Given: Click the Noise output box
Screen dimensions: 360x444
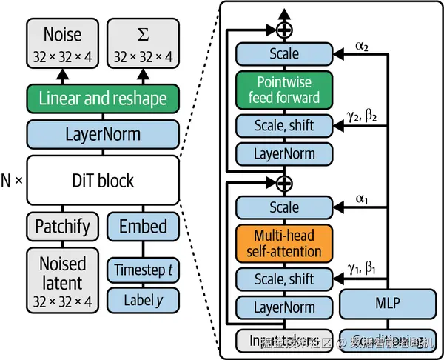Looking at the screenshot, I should [63, 43].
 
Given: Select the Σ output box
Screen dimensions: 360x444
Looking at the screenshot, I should [143, 43].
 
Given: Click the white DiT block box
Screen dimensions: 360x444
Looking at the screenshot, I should [103, 180].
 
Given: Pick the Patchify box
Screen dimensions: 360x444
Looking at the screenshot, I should [63, 225].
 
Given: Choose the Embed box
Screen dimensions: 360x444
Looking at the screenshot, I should [143, 225].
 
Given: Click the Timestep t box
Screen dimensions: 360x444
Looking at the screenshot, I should [143, 270].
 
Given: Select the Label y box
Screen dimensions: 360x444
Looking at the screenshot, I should [143, 299].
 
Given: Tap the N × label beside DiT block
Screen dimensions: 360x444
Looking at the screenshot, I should [12, 181].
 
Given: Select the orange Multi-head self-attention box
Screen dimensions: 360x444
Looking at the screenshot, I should [283, 242].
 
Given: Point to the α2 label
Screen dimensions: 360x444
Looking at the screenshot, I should [361, 45].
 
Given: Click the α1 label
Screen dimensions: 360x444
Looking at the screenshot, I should [361, 199].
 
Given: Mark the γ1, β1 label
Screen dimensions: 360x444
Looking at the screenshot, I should [361, 270].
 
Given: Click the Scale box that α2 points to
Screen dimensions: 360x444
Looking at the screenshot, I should [283, 54].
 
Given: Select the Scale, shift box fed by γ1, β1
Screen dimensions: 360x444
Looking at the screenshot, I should [283, 279].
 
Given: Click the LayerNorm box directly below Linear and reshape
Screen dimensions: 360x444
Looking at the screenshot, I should [103, 136].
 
